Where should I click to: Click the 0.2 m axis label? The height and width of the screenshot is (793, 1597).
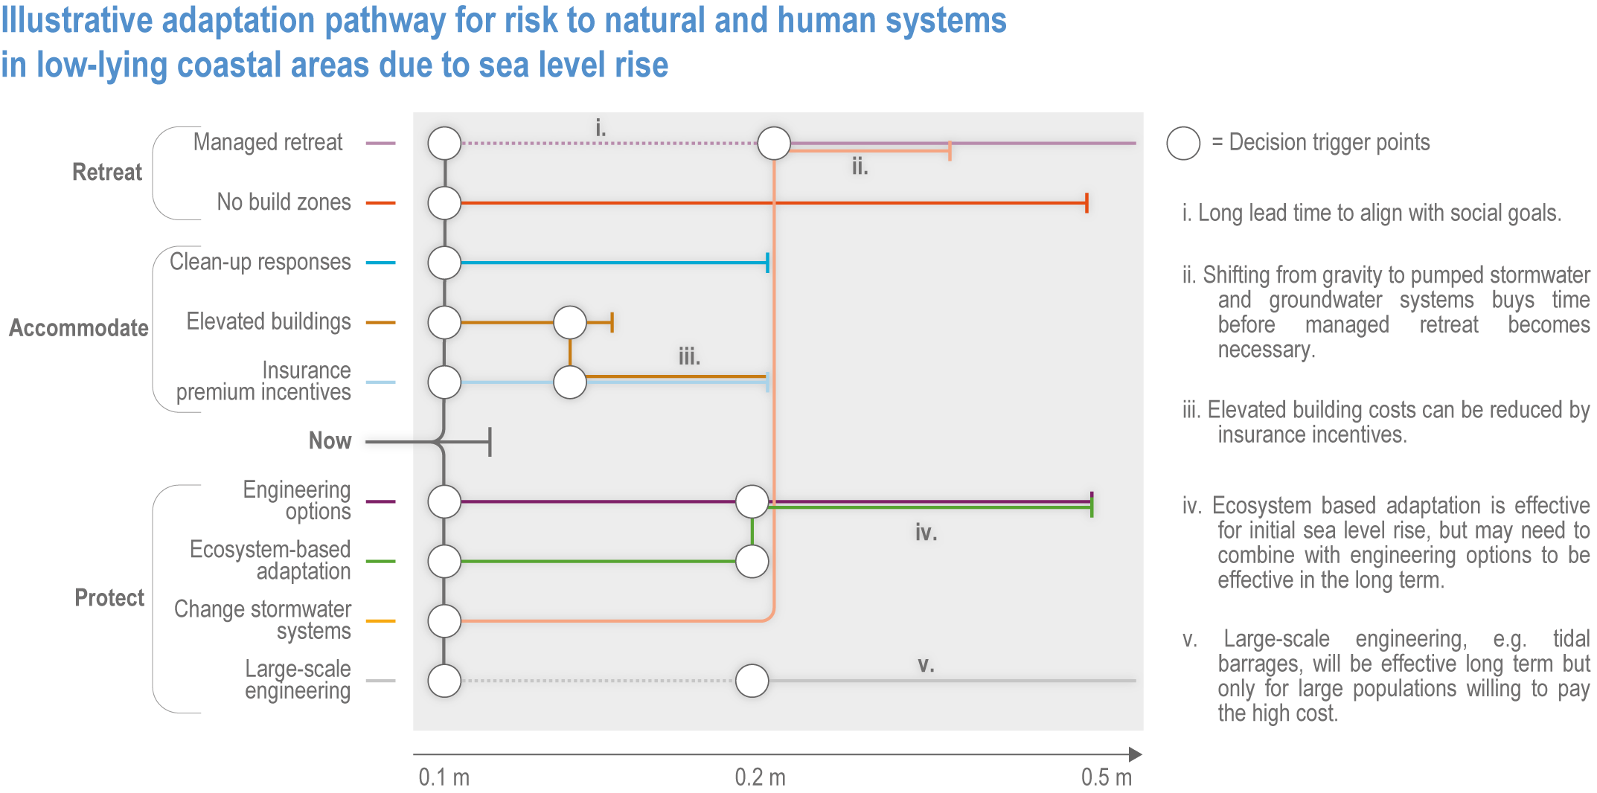click(760, 777)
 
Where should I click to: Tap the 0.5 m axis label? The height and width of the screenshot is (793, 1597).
click(1107, 777)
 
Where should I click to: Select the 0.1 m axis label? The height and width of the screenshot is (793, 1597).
click(444, 777)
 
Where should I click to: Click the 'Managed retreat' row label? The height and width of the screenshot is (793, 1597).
click(268, 142)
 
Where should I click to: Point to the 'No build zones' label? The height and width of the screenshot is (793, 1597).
click(284, 202)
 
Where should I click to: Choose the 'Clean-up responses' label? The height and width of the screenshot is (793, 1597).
click(260, 262)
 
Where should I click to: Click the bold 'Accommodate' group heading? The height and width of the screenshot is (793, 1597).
click(79, 328)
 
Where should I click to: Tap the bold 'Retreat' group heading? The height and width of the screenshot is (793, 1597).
click(107, 173)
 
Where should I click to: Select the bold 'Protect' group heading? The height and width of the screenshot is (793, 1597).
click(109, 598)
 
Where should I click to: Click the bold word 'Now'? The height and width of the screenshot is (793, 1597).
click(330, 441)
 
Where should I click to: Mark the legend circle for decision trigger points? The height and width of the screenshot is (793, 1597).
click(1183, 143)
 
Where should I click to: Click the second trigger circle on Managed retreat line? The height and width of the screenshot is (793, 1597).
click(774, 143)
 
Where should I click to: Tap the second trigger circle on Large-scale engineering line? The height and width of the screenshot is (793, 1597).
click(752, 681)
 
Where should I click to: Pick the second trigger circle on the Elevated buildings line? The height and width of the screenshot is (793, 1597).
click(570, 322)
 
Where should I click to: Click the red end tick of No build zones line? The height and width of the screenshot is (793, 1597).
click(1086, 202)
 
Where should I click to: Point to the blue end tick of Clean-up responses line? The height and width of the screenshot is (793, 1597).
click(767, 263)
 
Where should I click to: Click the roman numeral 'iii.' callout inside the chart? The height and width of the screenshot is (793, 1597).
click(689, 356)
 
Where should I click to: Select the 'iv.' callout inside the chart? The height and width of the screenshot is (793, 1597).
click(926, 532)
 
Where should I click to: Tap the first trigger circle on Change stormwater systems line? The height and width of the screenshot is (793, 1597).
click(444, 621)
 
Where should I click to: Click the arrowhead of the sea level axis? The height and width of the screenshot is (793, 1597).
click(1136, 754)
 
